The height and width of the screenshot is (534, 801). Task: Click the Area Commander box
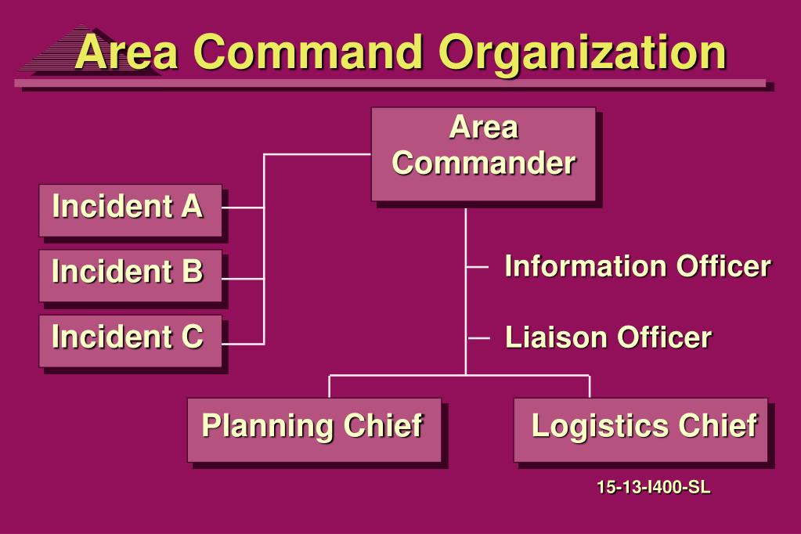pyautogui.click(x=483, y=154)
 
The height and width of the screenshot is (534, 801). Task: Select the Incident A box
pyautogui.click(x=130, y=210)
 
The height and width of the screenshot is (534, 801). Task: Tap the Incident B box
pyautogui.click(x=130, y=275)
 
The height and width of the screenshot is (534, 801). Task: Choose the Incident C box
pyautogui.click(x=130, y=340)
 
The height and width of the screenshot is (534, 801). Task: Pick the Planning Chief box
pyautogui.click(x=313, y=429)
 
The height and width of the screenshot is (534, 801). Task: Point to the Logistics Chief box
pyautogui.click(x=640, y=429)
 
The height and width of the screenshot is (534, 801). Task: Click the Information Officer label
pyautogui.click(x=637, y=266)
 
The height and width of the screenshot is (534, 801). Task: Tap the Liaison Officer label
pyautogui.click(x=608, y=337)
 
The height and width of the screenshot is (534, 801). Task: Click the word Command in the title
pyautogui.click(x=309, y=52)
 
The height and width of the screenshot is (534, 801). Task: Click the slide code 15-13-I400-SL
pyautogui.click(x=653, y=488)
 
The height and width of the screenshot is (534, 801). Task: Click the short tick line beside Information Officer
pyautogui.click(x=477, y=266)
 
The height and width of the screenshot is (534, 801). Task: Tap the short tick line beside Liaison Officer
pyautogui.click(x=478, y=337)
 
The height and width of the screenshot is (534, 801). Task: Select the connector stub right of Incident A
pyautogui.click(x=243, y=208)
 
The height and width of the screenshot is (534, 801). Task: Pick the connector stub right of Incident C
pyautogui.click(x=243, y=343)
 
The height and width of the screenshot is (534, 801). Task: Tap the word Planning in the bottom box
pyautogui.click(x=267, y=427)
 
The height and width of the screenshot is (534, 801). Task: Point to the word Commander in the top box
pyautogui.click(x=483, y=164)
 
